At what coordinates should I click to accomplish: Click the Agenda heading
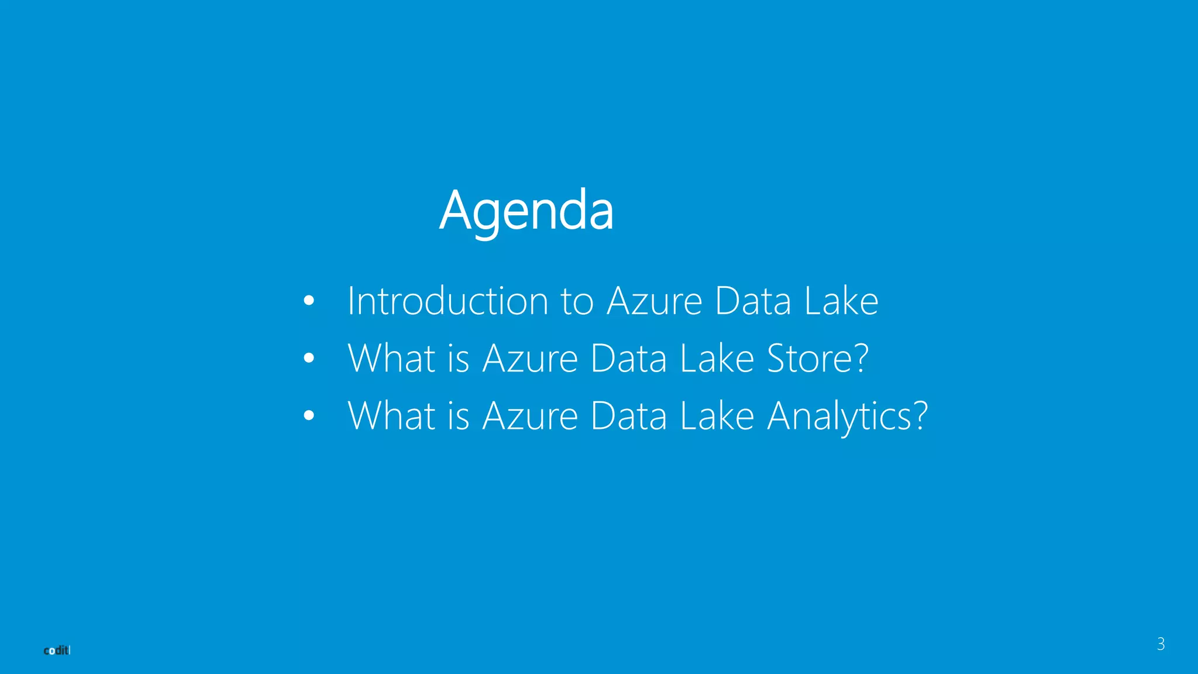tap(526, 211)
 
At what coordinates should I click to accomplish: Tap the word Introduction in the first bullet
tap(447, 301)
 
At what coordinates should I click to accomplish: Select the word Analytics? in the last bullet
tap(847, 416)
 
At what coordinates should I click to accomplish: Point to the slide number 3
tap(1161, 644)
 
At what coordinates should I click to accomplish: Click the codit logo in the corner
tap(57, 651)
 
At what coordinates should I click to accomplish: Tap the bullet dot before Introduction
tap(309, 301)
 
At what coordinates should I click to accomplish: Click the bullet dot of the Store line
tap(309, 358)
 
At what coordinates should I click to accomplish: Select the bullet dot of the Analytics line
tap(309, 416)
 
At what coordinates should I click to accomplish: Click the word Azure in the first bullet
tap(655, 301)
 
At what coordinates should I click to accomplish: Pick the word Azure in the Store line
tap(530, 358)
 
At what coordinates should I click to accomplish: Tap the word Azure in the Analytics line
tap(530, 416)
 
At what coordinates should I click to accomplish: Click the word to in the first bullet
tap(577, 301)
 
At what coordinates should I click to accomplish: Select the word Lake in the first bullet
tap(841, 301)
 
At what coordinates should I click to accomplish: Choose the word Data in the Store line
tap(628, 358)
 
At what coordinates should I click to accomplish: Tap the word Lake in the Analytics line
tap(717, 416)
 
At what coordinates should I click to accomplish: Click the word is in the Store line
tap(459, 358)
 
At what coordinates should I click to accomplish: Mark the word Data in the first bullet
tap(753, 301)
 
